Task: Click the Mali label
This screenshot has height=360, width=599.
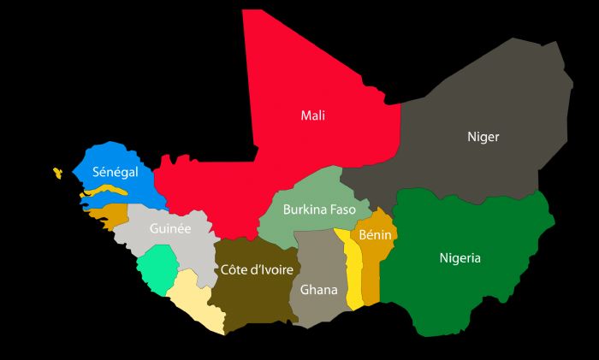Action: (312, 115)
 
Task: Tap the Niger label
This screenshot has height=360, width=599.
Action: (483, 137)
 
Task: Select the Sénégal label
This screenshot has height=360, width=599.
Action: (116, 172)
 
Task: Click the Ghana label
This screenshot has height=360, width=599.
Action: (318, 290)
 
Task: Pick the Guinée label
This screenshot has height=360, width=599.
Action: (169, 228)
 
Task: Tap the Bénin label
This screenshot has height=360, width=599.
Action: (376, 234)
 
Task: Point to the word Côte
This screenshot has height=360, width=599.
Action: (234, 270)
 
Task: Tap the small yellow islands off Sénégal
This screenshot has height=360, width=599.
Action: (57, 173)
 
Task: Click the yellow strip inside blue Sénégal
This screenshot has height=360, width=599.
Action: (103, 193)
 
